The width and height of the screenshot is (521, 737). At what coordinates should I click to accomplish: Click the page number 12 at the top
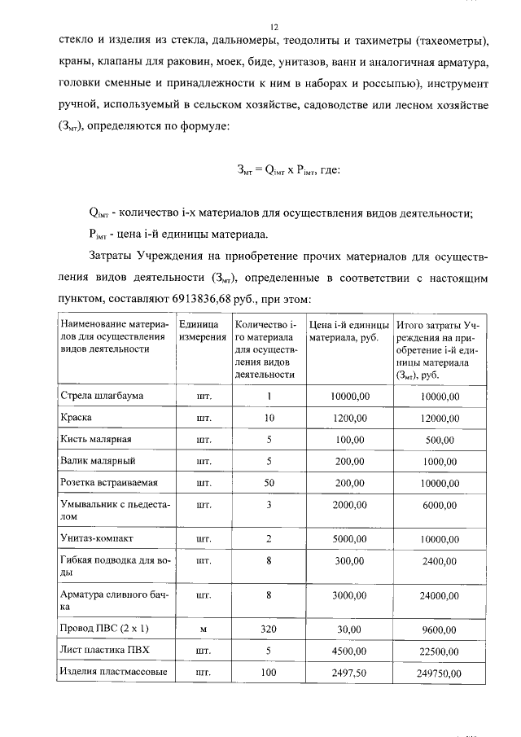[274, 27]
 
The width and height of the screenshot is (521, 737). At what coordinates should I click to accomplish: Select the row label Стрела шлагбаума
[102, 396]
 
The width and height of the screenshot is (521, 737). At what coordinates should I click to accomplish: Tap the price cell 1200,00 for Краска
[350, 418]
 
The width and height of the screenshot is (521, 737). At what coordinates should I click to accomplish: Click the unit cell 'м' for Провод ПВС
[199, 629]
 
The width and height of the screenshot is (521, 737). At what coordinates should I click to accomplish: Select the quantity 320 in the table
[269, 629]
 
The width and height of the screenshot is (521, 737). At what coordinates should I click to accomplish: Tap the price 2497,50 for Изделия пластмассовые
[350, 673]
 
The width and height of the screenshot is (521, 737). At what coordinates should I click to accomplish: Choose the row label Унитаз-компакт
[97, 538]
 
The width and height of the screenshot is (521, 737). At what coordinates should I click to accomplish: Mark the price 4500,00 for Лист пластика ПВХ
[350, 651]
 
